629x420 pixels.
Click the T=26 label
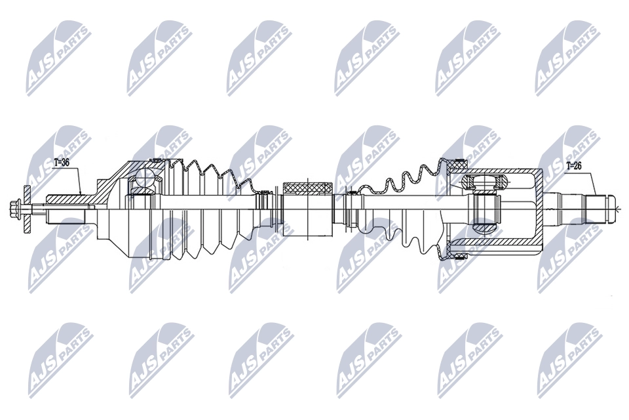pyautogui.click(x=574, y=165)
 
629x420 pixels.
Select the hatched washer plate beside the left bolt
pyautogui.click(x=28, y=209)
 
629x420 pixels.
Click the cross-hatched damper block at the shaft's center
pyautogui.click(x=308, y=188)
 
